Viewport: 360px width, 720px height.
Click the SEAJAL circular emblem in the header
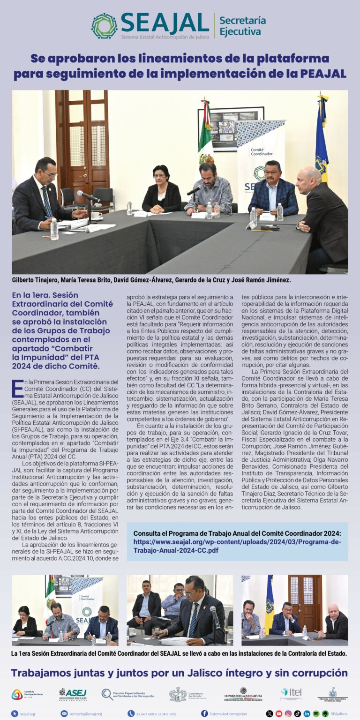[x=104, y=26]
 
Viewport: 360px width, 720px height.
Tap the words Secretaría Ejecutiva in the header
[x=242, y=26]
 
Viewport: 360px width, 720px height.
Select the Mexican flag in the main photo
[x=204, y=136]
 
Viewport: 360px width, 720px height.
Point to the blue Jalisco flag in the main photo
[x=321, y=141]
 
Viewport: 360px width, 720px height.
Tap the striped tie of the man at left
[x=47, y=202]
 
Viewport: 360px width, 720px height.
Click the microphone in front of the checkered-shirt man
[x=194, y=191]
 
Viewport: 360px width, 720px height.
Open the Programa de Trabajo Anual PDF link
[x=237, y=546]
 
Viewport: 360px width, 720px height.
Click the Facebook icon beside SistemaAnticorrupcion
[x=204, y=713]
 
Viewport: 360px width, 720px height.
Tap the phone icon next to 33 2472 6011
[x=131, y=713]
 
